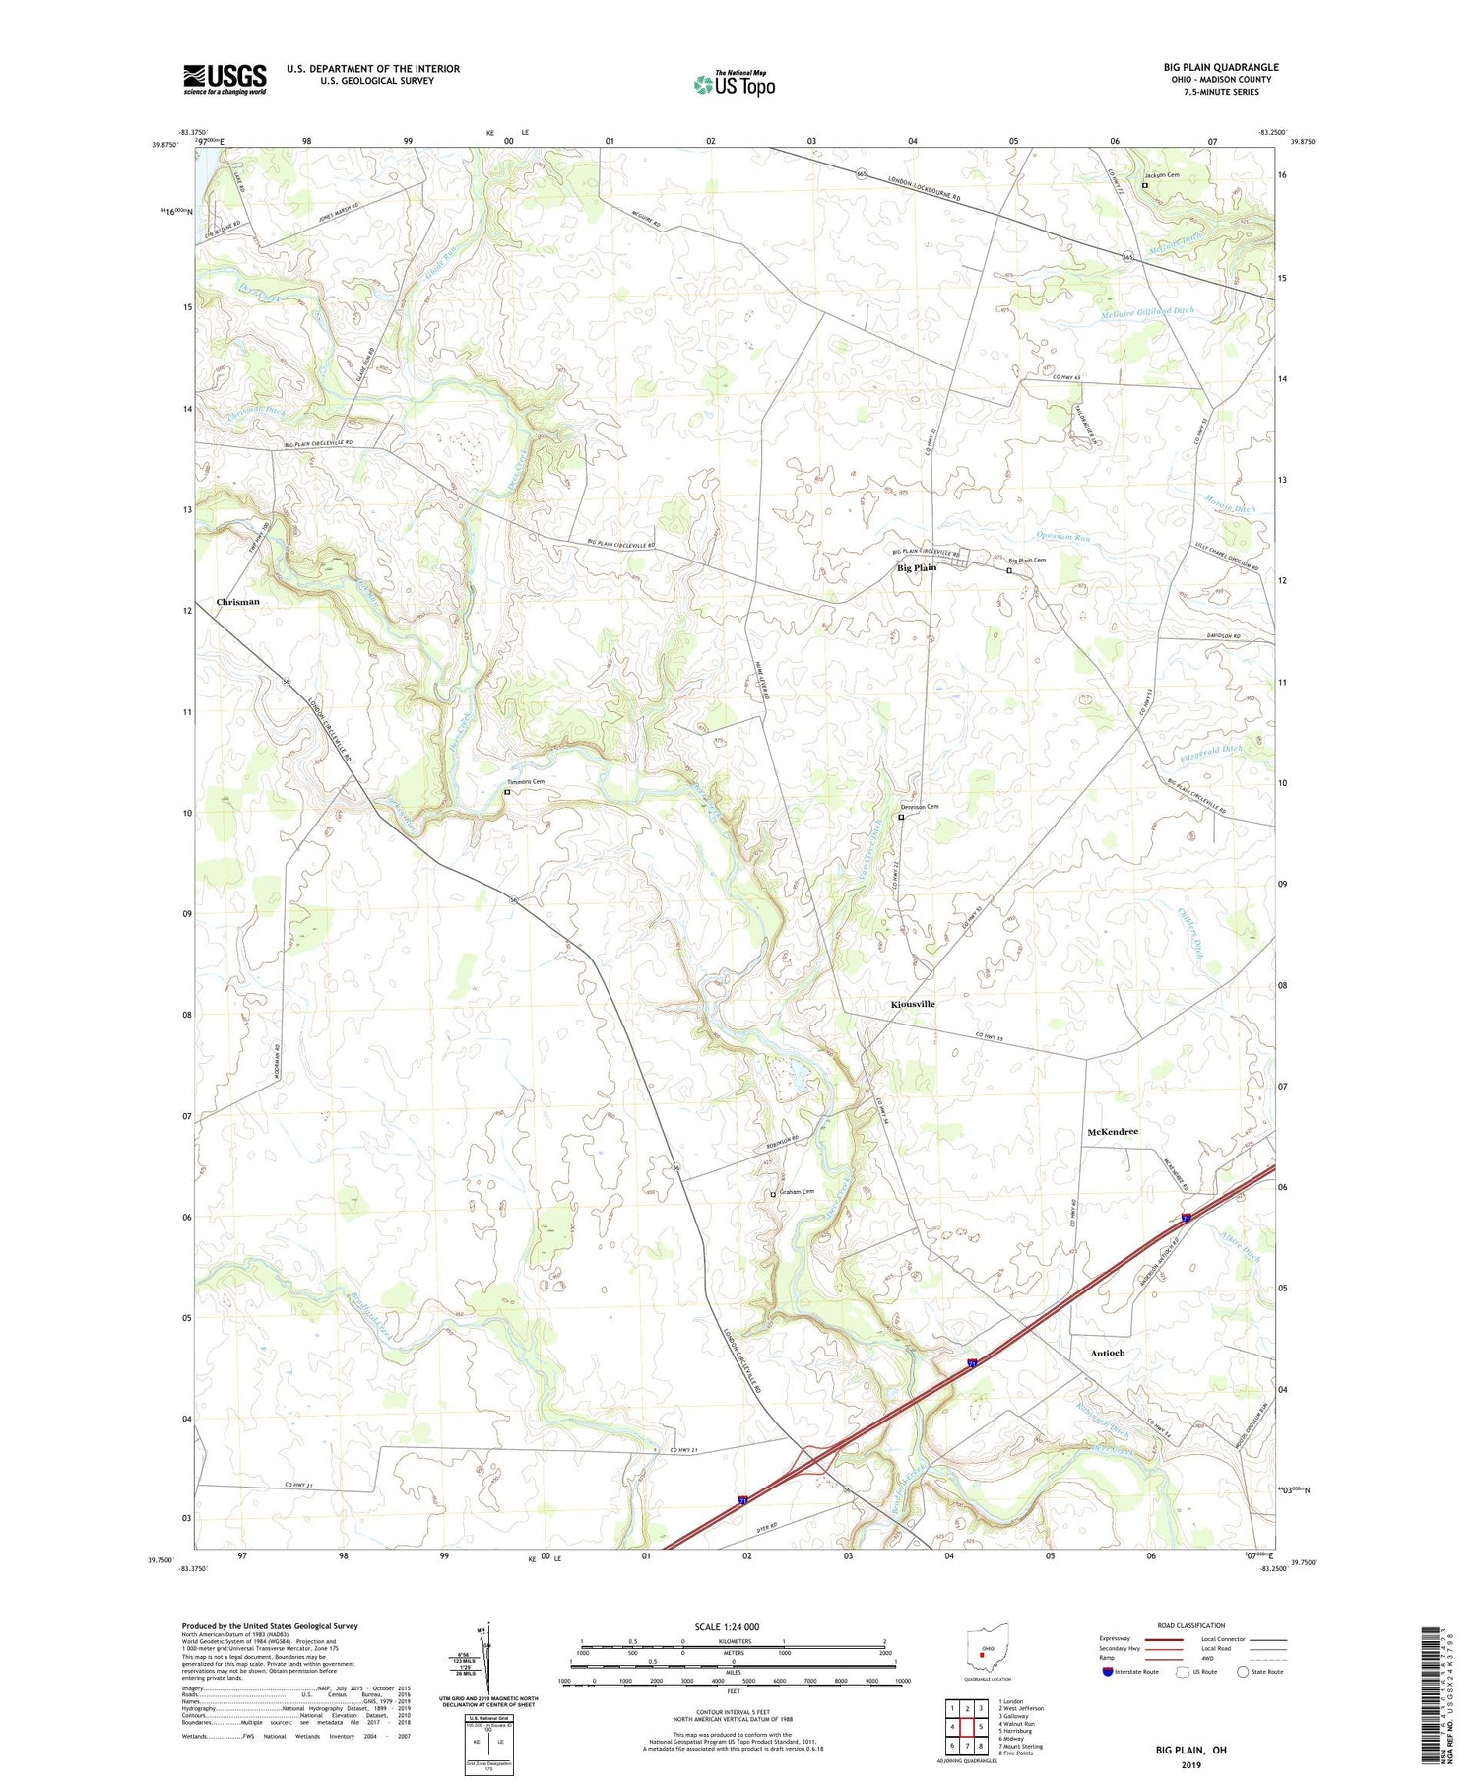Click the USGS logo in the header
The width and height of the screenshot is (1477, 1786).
coord(225,79)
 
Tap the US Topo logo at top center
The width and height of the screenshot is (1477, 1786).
coord(735,85)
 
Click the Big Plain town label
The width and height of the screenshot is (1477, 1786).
coord(916,568)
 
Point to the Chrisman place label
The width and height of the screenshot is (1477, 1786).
coord(237,602)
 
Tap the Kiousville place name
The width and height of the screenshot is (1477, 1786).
coord(912,1004)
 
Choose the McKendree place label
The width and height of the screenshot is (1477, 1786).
coord(1112,1132)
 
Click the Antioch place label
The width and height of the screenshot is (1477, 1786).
coord(1107,1354)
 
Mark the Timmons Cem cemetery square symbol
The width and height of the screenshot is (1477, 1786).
coord(507,792)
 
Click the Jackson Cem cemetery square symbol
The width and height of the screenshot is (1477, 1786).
coord(1144,184)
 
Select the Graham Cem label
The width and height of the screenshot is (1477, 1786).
coord(797,1192)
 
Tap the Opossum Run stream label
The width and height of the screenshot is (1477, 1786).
coord(1063,538)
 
